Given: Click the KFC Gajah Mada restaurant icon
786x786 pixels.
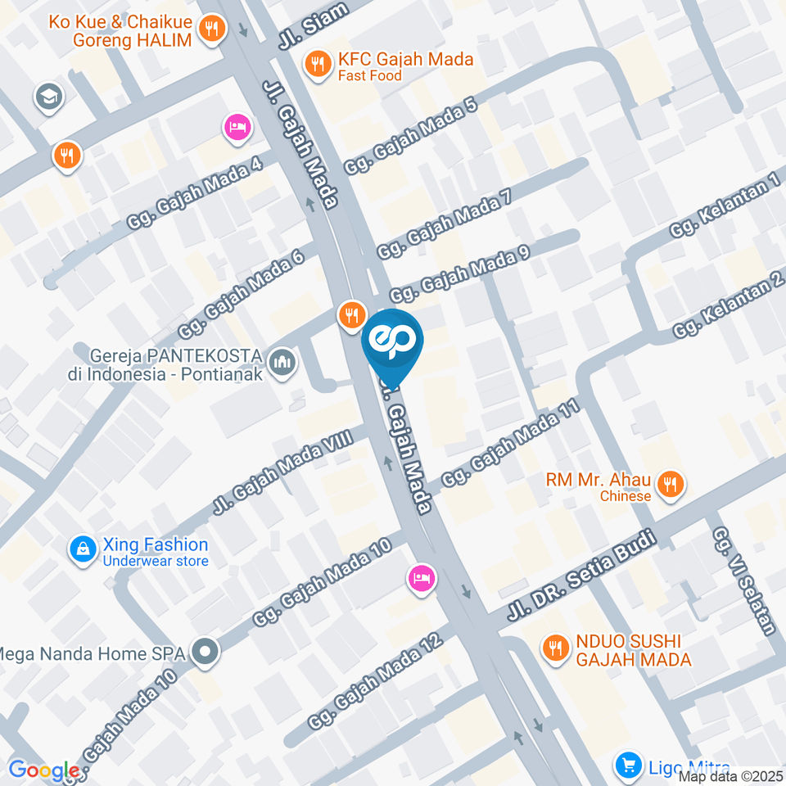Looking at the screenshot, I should [316, 63].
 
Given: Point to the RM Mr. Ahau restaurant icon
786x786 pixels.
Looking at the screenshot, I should [671, 484].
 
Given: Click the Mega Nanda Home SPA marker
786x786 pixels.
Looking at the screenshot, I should [205, 653].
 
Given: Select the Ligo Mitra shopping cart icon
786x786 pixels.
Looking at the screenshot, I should [629, 766].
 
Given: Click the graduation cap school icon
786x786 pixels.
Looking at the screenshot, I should [48, 98].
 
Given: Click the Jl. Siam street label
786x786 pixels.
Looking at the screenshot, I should [313, 25].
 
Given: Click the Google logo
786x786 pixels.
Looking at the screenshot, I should [44, 770].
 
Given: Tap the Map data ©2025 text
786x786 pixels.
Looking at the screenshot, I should [731, 776].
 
